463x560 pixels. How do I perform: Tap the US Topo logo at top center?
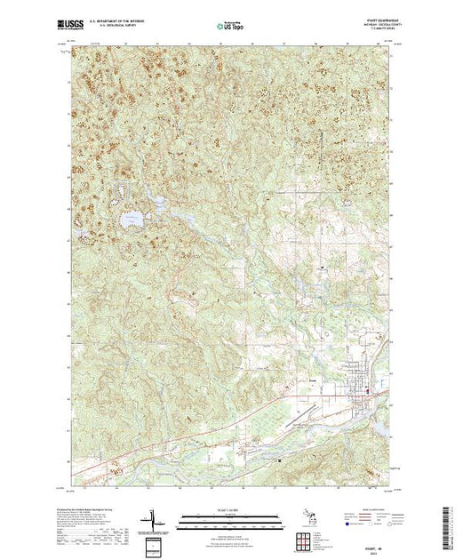pyautogui.click(x=232, y=27)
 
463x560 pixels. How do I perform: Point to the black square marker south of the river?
pyautogui.click(x=279, y=460)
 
